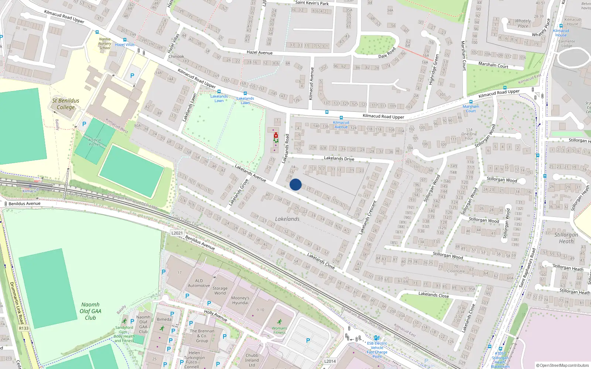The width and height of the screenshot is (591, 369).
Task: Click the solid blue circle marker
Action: [x=295, y=184]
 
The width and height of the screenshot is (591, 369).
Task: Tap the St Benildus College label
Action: [x=65, y=104]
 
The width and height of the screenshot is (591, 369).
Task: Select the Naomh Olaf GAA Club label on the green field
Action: [x=90, y=311]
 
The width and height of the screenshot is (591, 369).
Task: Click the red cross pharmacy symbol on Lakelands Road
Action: [x=276, y=136]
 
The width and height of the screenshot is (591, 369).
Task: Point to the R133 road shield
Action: [x=24, y=328]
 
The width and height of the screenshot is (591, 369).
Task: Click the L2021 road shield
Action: [x=177, y=233]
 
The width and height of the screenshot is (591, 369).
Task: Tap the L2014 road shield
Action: [x=330, y=361]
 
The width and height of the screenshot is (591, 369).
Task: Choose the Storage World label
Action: [x=220, y=291]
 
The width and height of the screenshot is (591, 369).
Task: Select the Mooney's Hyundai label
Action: [x=240, y=300]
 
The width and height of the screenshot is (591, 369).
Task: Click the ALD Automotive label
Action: [x=199, y=283]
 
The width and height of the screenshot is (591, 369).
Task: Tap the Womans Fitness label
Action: [x=279, y=330]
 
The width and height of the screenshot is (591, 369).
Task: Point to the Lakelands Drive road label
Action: [x=339, y=158]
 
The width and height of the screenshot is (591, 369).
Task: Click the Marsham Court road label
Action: [x=493, y=65]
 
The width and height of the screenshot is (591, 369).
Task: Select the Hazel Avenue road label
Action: [x=259, y=53]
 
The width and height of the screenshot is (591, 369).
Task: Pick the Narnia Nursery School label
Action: [x=105, y=44]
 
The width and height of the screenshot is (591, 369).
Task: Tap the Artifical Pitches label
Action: [x=95, y=142]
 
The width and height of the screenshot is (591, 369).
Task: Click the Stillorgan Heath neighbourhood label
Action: [x=566, y=238]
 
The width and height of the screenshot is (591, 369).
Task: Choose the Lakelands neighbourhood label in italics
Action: [x=287, y=219]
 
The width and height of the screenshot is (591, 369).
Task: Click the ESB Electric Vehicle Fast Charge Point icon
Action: [x=376, y=338]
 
